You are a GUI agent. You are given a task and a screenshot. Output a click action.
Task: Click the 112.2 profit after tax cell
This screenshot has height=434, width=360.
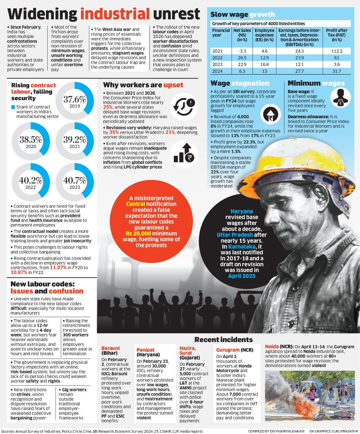coord(337,51)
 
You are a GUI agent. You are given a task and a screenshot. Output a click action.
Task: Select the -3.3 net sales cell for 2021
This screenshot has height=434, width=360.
coord(242,51)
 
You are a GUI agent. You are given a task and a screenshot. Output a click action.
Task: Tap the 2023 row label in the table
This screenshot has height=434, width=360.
coord(217,64)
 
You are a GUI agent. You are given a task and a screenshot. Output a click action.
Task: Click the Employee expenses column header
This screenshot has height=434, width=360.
coord(264,35)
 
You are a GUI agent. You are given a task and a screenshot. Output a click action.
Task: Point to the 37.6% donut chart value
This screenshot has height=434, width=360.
coord(75,99)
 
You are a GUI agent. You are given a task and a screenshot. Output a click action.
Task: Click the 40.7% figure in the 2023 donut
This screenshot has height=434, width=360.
coord(75,180)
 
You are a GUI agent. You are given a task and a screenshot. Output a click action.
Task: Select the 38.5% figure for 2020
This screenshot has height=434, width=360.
coord(31,140)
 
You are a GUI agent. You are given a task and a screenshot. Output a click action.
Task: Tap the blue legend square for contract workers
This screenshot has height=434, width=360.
coord(13,107)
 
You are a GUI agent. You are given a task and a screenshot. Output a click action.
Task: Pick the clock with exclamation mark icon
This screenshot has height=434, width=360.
coord(184,107)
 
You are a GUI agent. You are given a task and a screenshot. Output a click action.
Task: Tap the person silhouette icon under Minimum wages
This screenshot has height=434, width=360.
coord(340,98)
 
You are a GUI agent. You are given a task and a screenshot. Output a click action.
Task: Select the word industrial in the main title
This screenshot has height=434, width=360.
coord(115,14)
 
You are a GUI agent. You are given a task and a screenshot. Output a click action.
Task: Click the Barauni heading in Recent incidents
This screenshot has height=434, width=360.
coord(110,348)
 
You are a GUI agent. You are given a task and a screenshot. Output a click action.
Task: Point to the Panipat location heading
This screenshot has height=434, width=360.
coord(145,350)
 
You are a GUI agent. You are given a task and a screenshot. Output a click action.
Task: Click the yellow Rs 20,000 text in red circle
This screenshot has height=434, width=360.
coord(138,233)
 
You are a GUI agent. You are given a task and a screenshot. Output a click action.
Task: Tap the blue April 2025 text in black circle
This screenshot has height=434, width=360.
coord(242,276)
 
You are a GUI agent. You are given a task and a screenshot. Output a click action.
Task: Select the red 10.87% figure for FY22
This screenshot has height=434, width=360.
coord(19,272)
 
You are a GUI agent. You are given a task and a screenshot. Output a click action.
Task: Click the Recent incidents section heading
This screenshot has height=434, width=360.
coord(224,340)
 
